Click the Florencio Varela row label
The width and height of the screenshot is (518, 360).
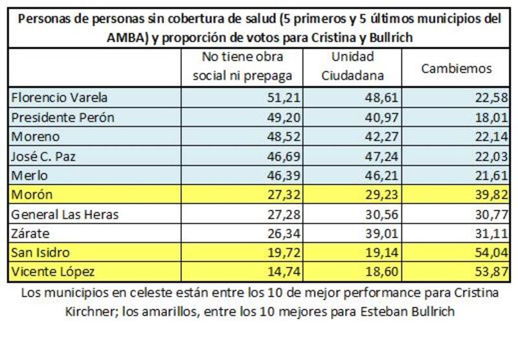point(60,98)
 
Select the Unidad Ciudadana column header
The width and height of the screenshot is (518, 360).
point(354,67)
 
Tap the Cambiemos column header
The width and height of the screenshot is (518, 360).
point(456,68)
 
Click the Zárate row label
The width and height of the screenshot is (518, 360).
point(31,234)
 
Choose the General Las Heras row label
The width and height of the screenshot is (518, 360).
point(65,214)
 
